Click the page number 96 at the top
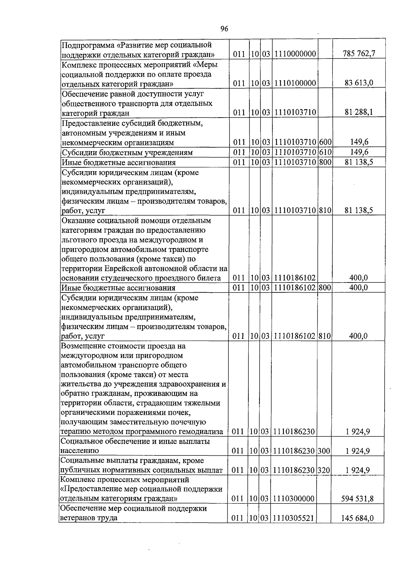pos(224,29)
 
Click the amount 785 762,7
pos(358,54)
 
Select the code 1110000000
pos(295,54)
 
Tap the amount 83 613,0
pos(359,83)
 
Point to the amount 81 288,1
pos(359,112)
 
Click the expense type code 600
pos(325,142)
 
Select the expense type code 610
pos(325,152)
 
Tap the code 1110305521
pos(294,518)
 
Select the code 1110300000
pos(294,499)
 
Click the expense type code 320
pos(324,470)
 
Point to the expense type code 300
pos(324,451)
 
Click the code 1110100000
pos(295,83)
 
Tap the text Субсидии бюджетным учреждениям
pos(127,152)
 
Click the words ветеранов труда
pos(88,518)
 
